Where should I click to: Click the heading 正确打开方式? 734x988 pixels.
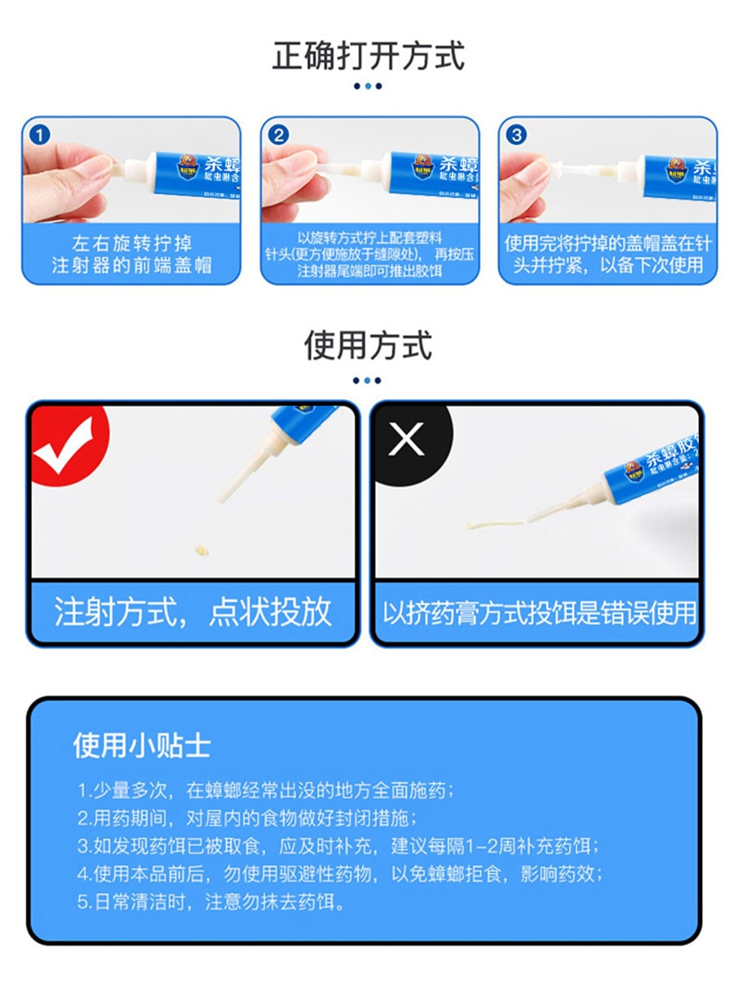[368, 56]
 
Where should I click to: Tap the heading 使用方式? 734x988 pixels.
[367, 345]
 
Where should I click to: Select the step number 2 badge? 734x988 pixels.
[279, 135]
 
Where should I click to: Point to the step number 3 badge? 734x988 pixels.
[517, 135]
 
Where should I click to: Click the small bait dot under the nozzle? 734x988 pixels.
[197, 549]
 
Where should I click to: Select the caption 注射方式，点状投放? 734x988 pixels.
[193, 611]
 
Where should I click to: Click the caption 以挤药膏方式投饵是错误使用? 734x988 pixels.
[539, 611]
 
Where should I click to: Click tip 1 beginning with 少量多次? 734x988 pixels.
[266, 791]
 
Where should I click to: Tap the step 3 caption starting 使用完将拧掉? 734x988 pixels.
[608, 254]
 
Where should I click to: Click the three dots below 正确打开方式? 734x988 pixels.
[367, 86]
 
